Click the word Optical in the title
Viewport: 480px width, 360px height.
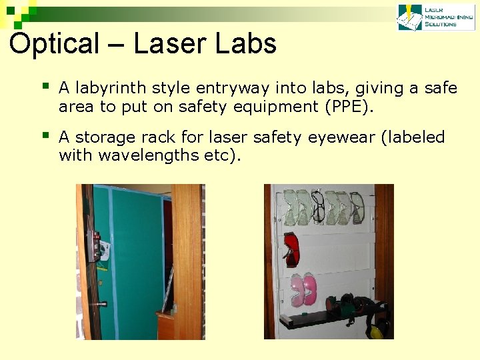[x=54, y=44]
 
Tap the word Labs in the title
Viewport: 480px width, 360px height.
[x=249, y=44]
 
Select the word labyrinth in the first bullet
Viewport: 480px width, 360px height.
[x=111, y=88]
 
